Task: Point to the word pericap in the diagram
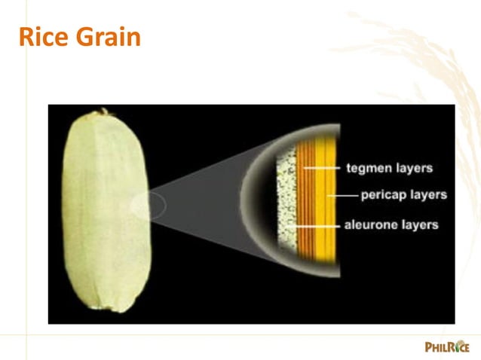point(384,195)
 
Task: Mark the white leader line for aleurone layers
point(317,224)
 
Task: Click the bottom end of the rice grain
point(113,307)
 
